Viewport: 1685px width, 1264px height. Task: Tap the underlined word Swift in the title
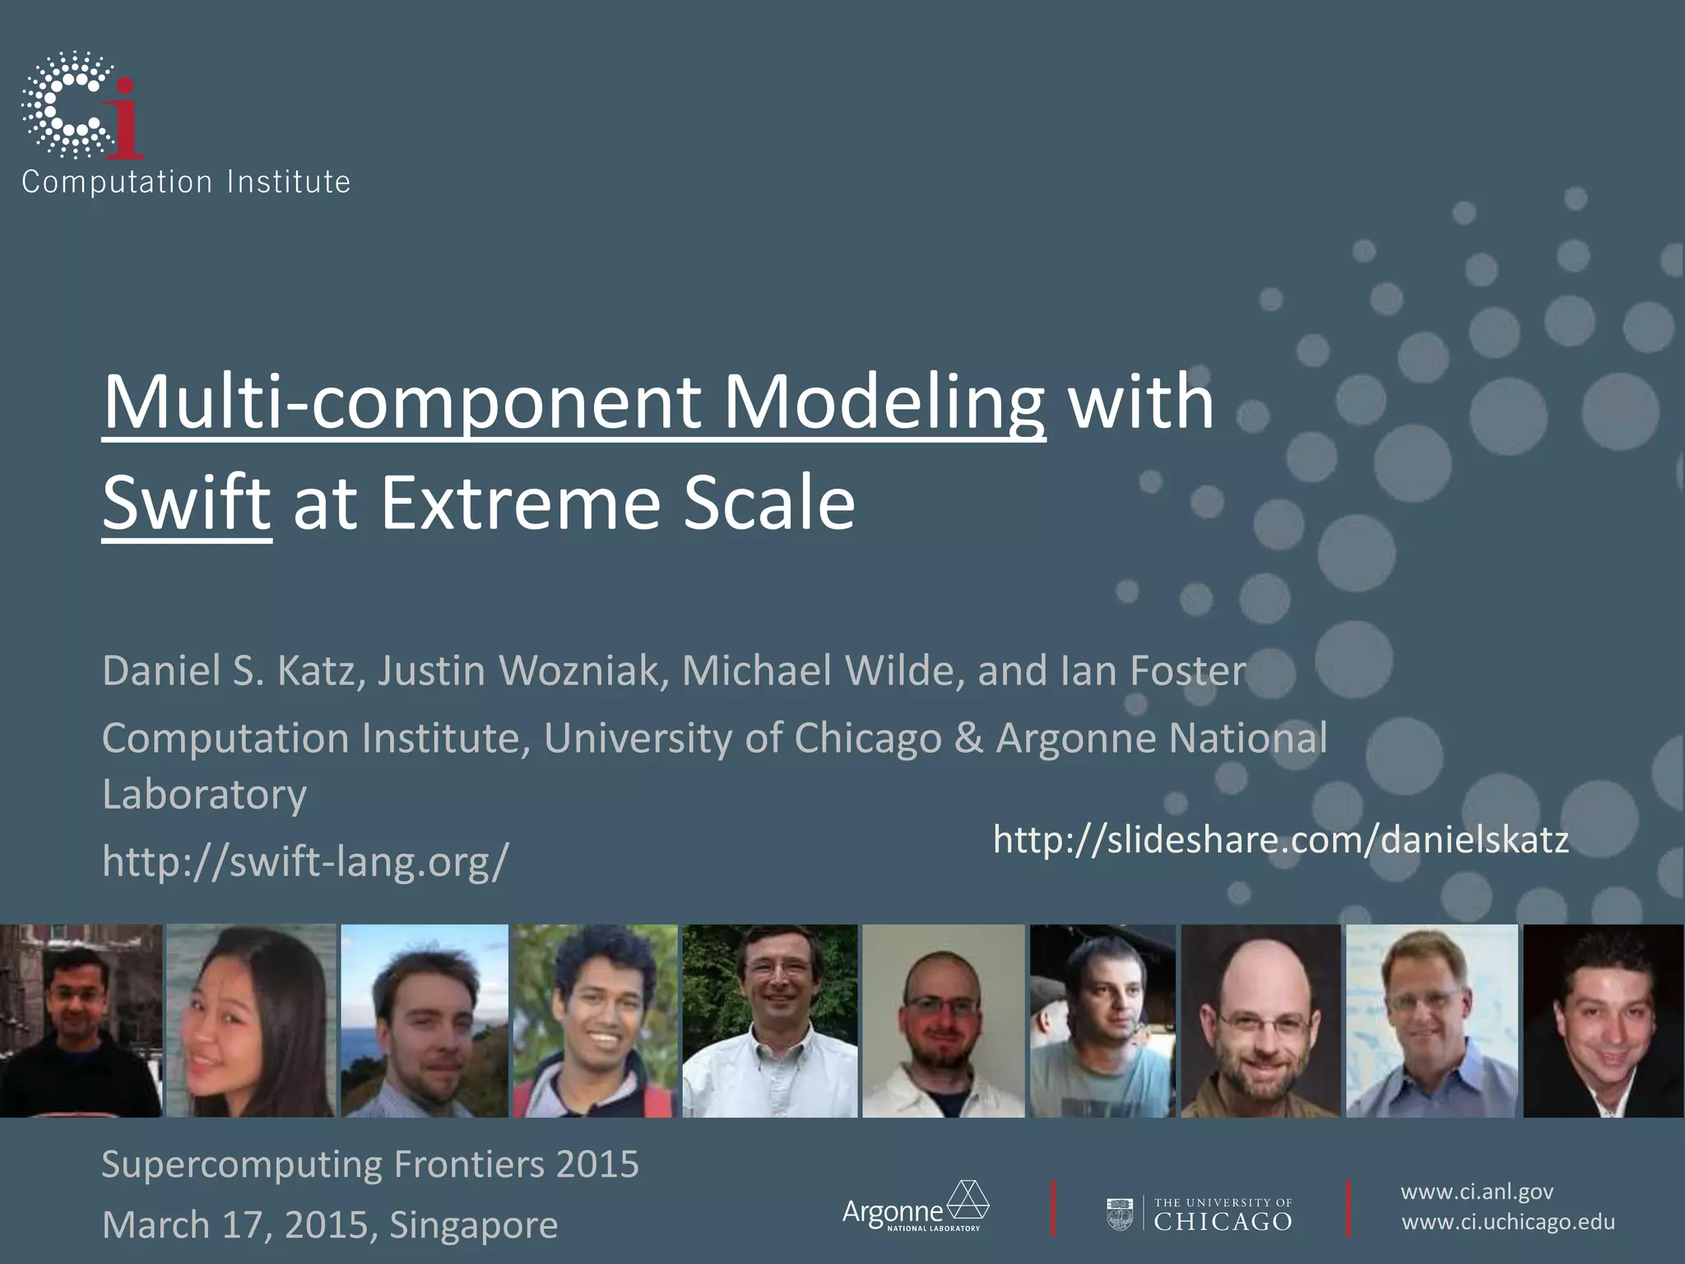click(186, 503)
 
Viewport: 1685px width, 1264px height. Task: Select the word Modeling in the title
click(883, 402)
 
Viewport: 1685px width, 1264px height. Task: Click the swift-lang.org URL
click(305, 861)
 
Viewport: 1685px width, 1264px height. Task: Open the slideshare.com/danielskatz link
click(1280, 839)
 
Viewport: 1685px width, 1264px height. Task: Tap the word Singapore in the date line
click(473, 1224)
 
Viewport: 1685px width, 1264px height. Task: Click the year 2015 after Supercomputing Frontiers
click(597, 1164)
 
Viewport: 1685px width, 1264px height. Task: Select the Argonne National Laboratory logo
click(915, 1207)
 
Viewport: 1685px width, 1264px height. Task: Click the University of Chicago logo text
click(1222, 1215)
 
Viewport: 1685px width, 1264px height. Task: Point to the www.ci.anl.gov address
click(1476, 1192)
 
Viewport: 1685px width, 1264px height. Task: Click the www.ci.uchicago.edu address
click(1507, 1222)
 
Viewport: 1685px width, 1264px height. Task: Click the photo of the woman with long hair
click(250, 1020)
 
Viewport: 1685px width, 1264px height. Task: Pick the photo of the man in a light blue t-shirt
click(1101, 1020)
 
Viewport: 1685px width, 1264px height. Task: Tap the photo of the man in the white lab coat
click(943, 1020)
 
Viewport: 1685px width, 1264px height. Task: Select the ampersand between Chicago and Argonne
click(968, 738)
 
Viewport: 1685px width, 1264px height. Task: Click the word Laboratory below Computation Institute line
click(204, 795)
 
